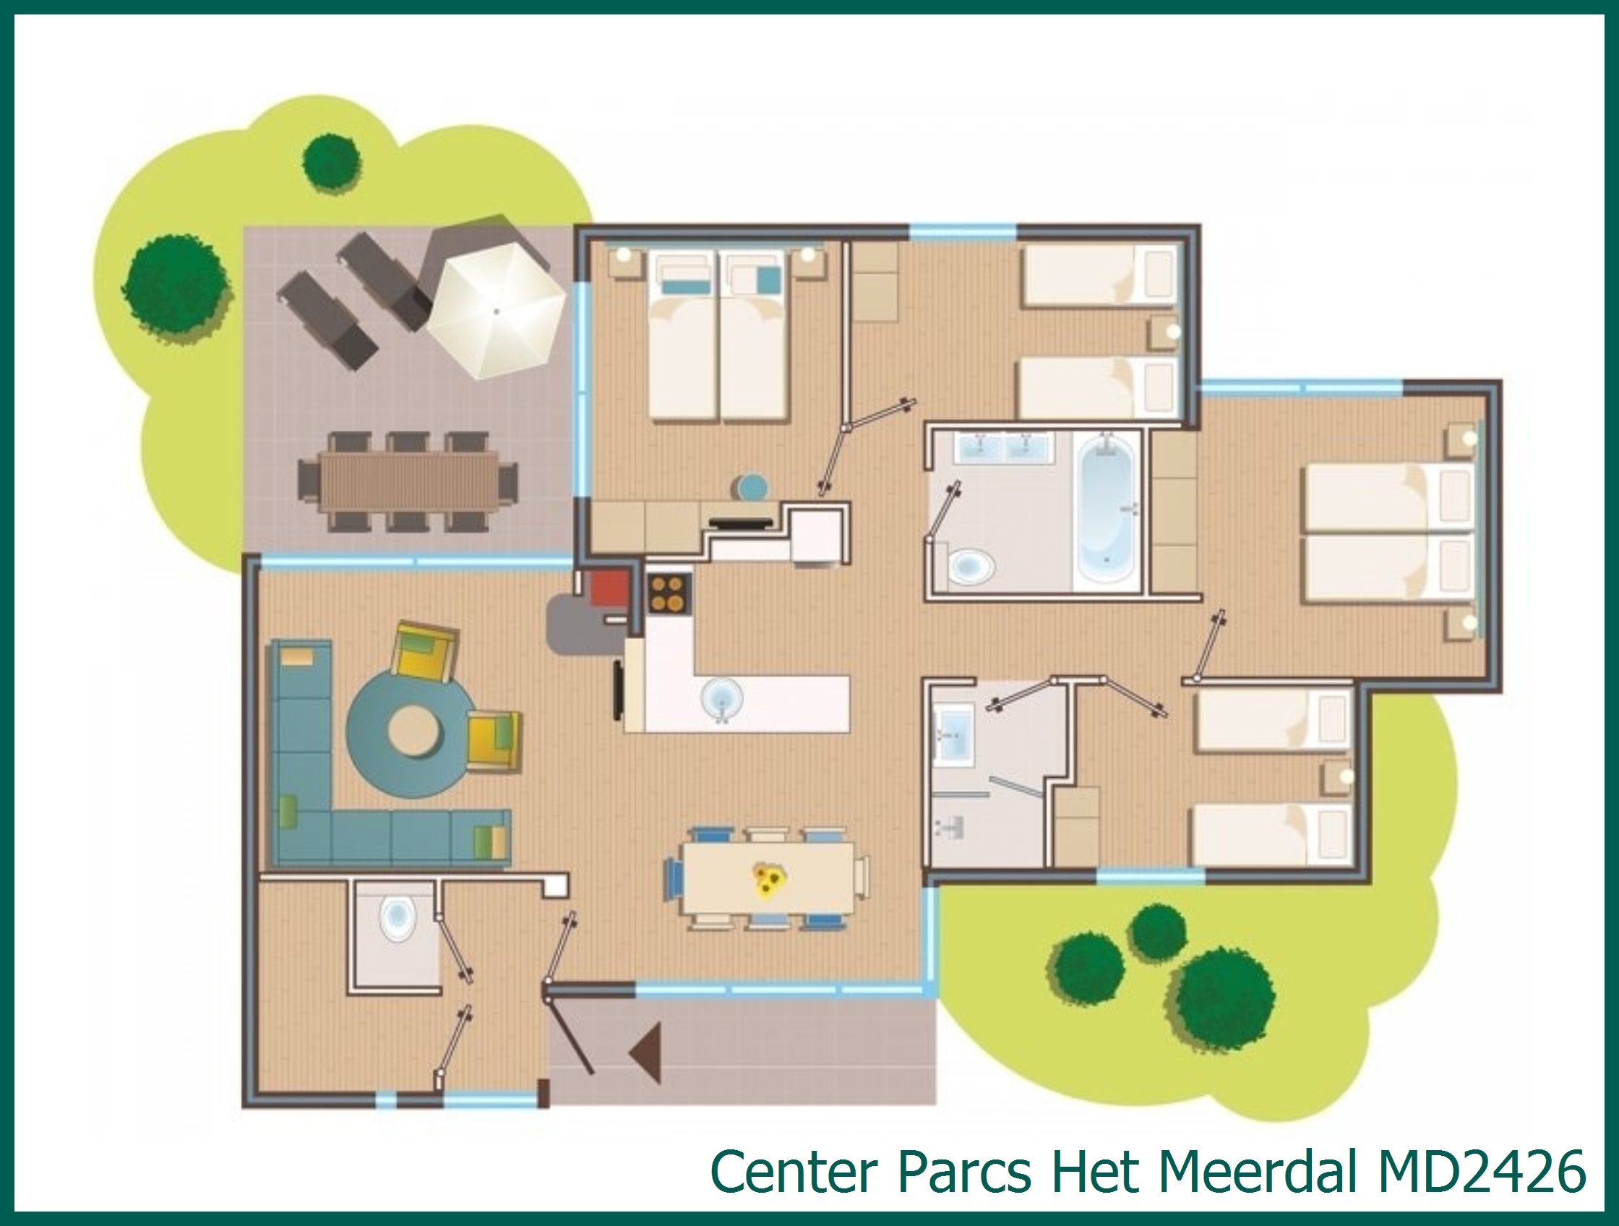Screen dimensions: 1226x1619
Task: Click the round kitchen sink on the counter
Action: (721, 698)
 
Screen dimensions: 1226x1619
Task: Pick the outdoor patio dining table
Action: (408, 481)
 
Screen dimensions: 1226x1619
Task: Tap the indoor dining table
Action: (767, 878)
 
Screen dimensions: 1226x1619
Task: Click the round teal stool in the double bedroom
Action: (752, 487)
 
